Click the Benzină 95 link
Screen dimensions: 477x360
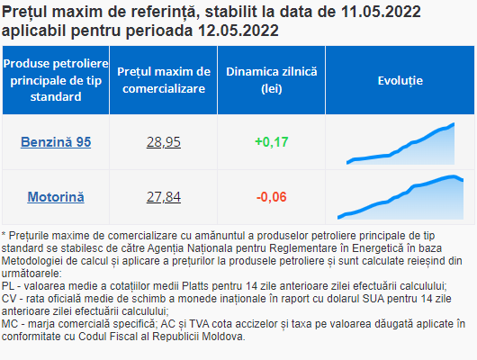pos(56,142)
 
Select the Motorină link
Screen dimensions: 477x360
pos(56,197)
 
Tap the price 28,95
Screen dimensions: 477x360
pos(164,142)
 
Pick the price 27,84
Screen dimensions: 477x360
pos(164,197)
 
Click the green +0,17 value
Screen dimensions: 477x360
pos(272,142)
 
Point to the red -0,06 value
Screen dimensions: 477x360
pos(272,197)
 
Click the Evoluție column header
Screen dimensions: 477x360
pos(400,81)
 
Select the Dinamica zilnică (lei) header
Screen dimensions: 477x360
pos(272,80)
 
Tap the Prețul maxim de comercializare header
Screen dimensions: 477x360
pos(164,80)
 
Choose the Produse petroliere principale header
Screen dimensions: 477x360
pos(56,80)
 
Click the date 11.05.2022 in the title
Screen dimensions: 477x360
pos(381,12)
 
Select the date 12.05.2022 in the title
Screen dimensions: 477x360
pos(238,31)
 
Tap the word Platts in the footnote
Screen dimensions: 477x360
pos(195,286)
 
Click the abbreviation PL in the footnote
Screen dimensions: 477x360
pos(6,286)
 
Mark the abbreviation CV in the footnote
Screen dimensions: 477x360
pos(7,299)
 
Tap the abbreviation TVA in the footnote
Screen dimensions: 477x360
pos(199,324)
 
